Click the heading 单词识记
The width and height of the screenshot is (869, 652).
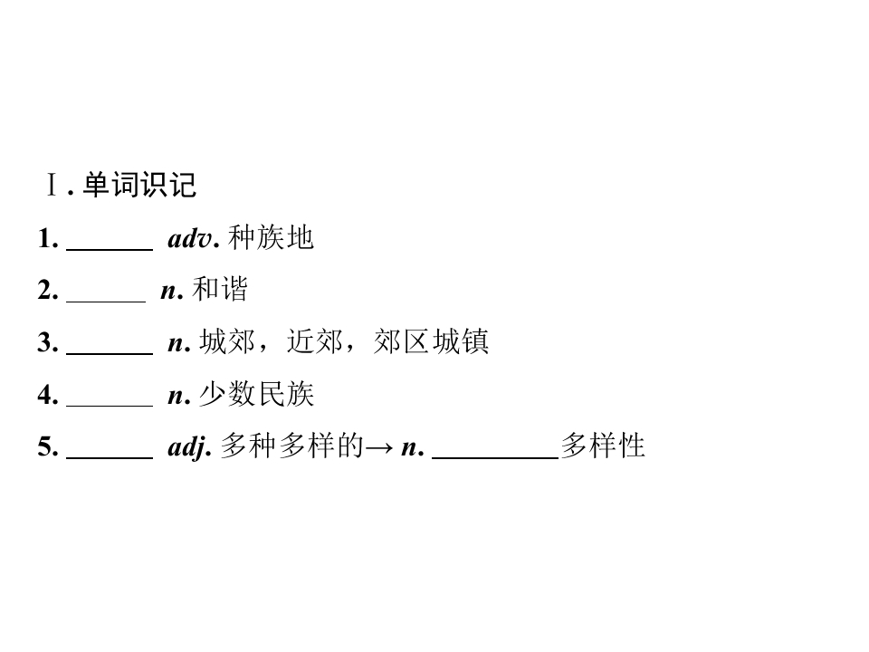click(x=139, y=185)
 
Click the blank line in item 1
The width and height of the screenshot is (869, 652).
click(x=110, y=250)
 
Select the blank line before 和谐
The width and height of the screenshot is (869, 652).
click(x=106, y=302)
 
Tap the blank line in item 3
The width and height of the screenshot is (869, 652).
click(x=110, y=353)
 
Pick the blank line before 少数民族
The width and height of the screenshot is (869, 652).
click(x=110, y=406)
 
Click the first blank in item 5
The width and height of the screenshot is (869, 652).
click(x=110, y=458)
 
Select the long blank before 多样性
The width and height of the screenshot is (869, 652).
click(x=495, y=458)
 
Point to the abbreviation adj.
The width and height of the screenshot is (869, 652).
click(x=190, y=446)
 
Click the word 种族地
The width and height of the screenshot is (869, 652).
click(x=271, y=238)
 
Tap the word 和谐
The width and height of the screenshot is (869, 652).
click(x=219, y=290)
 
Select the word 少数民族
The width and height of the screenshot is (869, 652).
click(x=256, y=394)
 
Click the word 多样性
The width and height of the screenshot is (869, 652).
click(x=603, y=446)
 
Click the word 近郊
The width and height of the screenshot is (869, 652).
click(x=315, y=341)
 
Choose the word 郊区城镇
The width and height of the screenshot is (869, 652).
click(x=431, y=341)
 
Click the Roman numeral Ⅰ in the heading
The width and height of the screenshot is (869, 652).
click(x=52, y=185)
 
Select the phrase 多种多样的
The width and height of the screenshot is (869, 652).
click(x=292, y=446)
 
